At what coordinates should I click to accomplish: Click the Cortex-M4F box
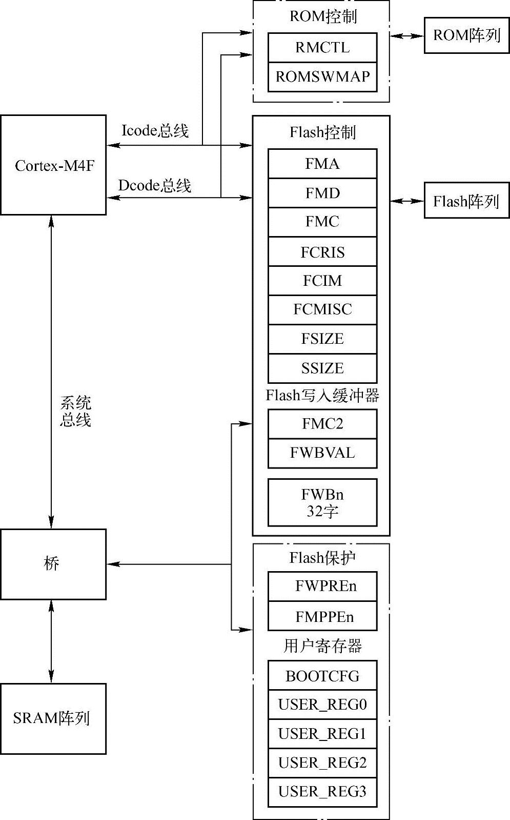click(x=53, y=165)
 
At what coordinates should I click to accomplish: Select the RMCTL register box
click(x=322, y=48)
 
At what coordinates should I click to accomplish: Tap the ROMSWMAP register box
click(x=322, y=77)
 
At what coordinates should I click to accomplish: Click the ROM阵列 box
click(x=466, y=35)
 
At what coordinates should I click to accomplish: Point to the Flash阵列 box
click(x=466, y=201)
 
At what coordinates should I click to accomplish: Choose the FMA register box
click(x=322, y=164)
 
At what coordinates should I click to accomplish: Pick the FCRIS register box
click(x=322, y=252)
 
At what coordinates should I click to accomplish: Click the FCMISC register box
click(x=322, y=309)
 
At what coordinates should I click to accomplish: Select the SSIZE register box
click(x=322, y=368)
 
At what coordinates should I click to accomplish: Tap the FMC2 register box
click(x=322, y=424)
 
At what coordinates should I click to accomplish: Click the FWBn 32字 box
click(x=322, y=502)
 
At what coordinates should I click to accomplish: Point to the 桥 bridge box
click(x=53, y=564)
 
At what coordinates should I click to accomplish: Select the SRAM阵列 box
click(x=53, y=718)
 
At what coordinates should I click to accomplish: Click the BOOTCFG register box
click(x=322, y=675)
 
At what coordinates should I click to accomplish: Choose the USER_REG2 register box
click(x=322, y=763)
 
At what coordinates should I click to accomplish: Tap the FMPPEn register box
click(x=322, y=616)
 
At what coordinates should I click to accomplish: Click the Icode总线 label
click(x=155, y=131)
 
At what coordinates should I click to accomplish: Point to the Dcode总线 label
click(x=155, y=185)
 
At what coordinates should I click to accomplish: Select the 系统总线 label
click(x=75, y=412)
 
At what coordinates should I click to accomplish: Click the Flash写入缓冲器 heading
click(x=322, y=396)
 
